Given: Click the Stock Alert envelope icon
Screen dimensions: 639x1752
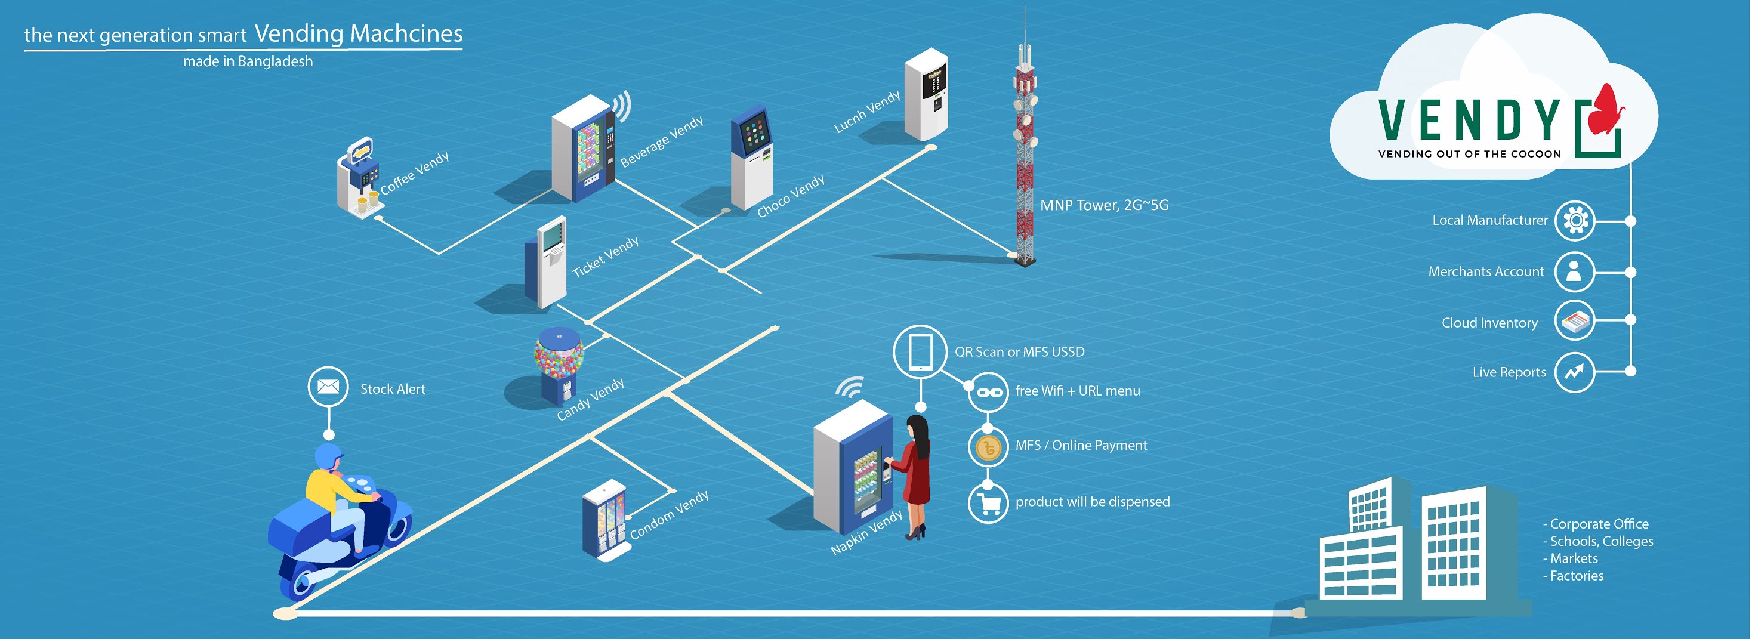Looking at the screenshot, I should [x=328, y=386].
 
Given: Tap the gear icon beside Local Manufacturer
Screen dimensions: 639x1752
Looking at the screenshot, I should [x=1575, y=220].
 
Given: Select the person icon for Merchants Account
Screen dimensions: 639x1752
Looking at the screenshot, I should [x=1574, y=271].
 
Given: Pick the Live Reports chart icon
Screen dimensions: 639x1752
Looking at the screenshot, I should [x=1574, y=372].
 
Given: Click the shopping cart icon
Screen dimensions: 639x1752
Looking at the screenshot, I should [x=988, y=503].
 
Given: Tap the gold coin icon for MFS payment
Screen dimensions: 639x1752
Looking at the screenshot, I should [x=988, y=447].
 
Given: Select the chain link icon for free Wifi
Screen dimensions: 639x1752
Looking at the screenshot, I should [x=988, y=392].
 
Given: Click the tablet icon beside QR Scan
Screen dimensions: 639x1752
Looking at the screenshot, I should [x=920, y=351].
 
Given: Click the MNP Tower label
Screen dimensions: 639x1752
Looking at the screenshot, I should [x=1104, y=205].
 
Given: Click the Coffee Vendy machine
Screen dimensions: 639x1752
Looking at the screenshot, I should [x=359, y=178].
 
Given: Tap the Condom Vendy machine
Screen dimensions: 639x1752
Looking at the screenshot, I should [x=604, y=520].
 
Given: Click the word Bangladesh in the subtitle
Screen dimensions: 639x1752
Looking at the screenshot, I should [x=276, y=61].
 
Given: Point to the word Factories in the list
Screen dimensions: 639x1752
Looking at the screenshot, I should [x=1577, y=576].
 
